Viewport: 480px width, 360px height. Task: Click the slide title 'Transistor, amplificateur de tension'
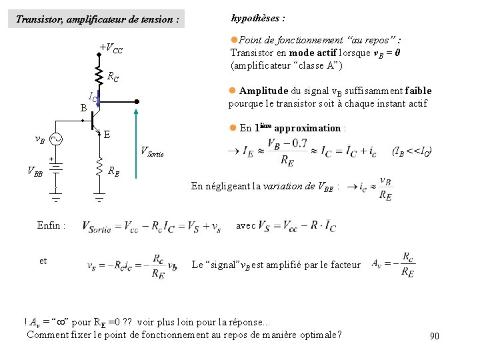click(97, 20)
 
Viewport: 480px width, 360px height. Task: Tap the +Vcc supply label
click(111, 49)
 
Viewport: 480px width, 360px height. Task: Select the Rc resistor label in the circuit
click(113, 77)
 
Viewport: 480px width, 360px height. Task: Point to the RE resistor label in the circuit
click(114, 171)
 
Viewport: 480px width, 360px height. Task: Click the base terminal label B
click(83, 107)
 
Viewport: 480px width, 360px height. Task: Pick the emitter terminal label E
click(107, 134)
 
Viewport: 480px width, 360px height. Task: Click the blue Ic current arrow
click(99, 99)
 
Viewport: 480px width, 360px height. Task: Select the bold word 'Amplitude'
click(264, 91)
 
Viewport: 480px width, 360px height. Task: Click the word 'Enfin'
click(51, 226)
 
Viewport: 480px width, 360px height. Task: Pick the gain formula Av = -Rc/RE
click(393, 263)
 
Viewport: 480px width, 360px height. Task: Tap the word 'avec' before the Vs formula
click(245, 225)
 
